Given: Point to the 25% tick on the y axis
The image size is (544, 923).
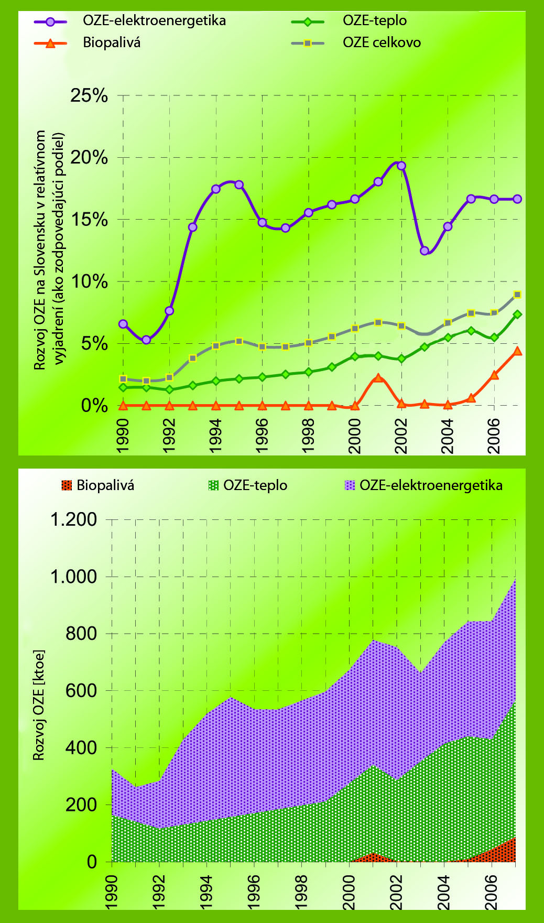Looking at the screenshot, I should click(x=89, y=96).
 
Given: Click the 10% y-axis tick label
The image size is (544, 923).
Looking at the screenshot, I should click(x=89, y=281).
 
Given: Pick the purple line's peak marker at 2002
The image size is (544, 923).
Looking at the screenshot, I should click(x=401, y=166).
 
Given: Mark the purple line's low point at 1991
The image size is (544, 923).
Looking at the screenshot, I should click(x=146, y=340).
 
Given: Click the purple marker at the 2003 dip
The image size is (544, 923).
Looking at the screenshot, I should click(x=425, y=251).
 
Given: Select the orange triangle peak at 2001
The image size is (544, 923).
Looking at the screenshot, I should click(x=378, y=377).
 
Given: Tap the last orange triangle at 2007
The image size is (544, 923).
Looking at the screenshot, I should click(x=517, y=351).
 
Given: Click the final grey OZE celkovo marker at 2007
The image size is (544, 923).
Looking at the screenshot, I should click(x=517, y=295).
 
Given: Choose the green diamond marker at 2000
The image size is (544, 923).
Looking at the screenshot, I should click(x=355, y=356).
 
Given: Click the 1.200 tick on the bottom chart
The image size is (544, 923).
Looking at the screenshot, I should click(x=73, y=519).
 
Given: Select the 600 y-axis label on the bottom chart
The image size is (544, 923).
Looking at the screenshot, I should click(x=81, y=690).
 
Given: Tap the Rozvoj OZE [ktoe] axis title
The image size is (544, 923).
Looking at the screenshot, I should click(x=39, y=705).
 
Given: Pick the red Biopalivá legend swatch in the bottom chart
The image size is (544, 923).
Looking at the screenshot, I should click(x=66, y=485).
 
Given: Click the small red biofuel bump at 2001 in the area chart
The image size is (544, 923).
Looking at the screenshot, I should click(x=373, y=857).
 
